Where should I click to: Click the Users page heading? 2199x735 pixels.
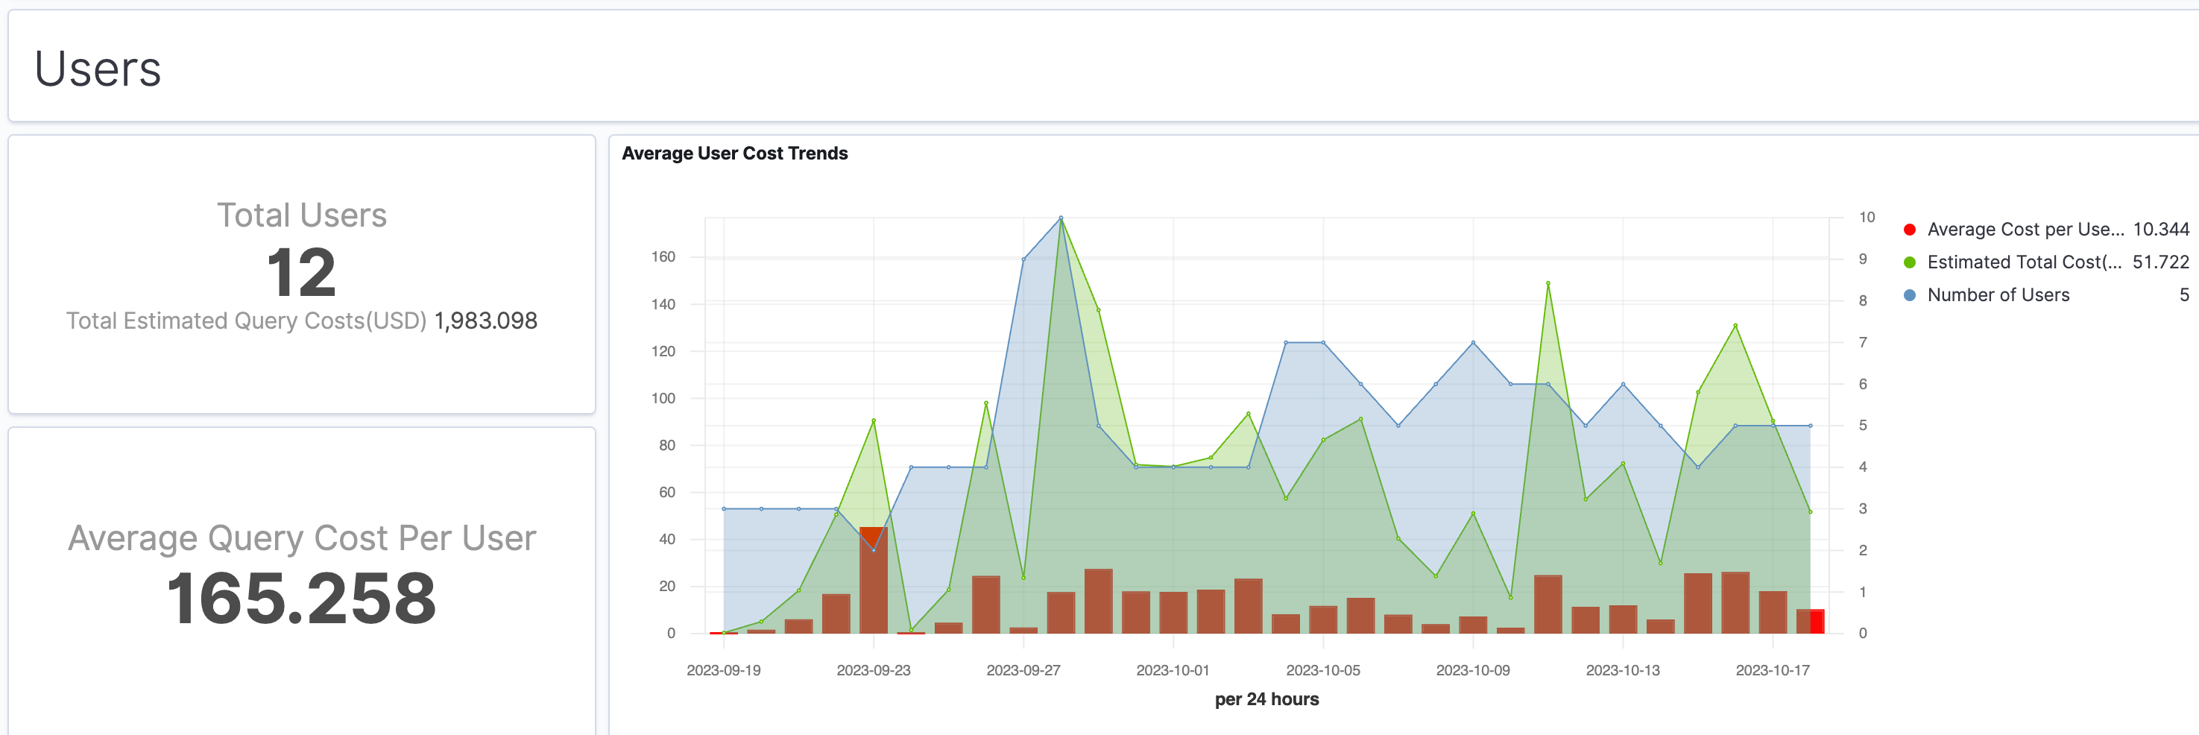pos(98,69)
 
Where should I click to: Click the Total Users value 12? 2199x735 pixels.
pos(301,273)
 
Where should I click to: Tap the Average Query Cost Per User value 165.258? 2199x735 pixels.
pos(301,599)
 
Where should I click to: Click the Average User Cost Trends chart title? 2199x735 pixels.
pos(734,154)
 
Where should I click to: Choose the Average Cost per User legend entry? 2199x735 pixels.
pos(2023,230)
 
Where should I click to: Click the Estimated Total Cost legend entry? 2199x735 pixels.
pos(2023,262)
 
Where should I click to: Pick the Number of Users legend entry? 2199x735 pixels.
pos(1998,295)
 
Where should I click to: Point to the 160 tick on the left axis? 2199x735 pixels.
pos(663,257)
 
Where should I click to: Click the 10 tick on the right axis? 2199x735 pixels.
pos(1867,218)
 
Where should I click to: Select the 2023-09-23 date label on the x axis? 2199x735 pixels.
pos(874,670)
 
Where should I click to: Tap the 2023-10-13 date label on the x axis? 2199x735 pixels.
pos(1622,670)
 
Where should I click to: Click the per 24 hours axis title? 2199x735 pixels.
pos(1266,699)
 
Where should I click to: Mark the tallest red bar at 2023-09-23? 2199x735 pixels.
pos(874,581)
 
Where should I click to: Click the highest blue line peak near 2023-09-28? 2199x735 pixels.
pos(1060,218)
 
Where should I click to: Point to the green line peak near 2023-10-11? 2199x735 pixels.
pos(1547,283)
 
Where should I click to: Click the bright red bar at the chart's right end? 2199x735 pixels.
pos(1816,622)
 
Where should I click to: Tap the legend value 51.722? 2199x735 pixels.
pos(2159,262)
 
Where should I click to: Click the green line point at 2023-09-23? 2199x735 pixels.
pos(874,421)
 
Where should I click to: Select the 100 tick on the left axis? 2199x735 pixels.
pos(663,399)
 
